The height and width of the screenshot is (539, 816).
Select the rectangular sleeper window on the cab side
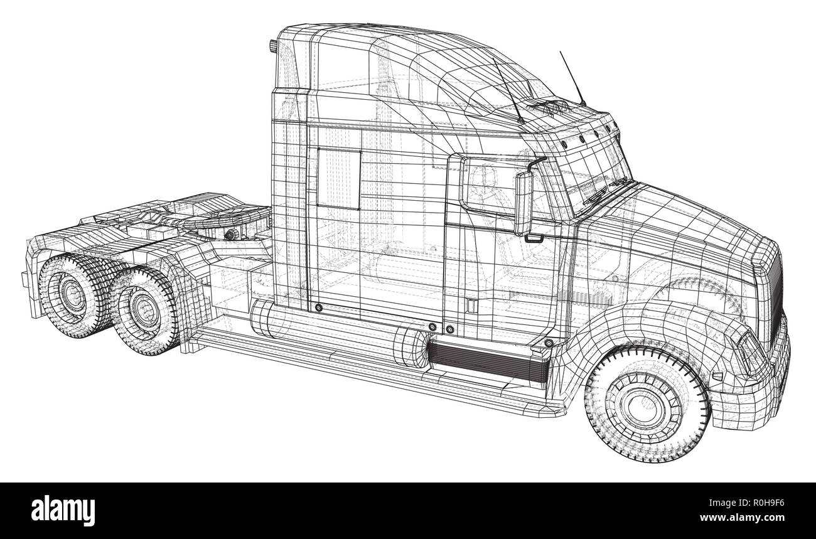(338, 179)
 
